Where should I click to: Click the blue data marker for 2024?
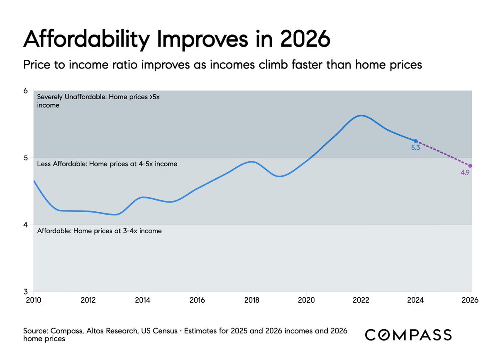tap(415, 141)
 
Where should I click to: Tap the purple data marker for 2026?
tap(470, 166)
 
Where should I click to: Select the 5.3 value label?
tap(415, 148)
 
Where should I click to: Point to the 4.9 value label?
tap(465, 172)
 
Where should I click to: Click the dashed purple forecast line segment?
tap(443, 154)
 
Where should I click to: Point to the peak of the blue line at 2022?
tap(361, 115)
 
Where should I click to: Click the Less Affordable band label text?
tap(107, 164)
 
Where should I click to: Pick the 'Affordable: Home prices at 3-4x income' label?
tap(100, 231)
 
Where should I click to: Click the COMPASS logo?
tap(408, 335)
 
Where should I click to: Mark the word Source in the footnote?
tap(35, 331)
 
